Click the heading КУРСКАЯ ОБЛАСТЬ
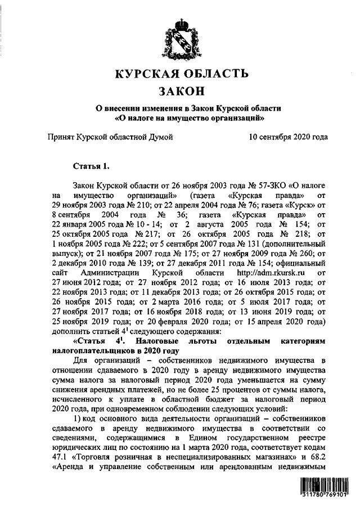[x=180, y=73]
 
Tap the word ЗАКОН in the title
[x=180, y=91]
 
